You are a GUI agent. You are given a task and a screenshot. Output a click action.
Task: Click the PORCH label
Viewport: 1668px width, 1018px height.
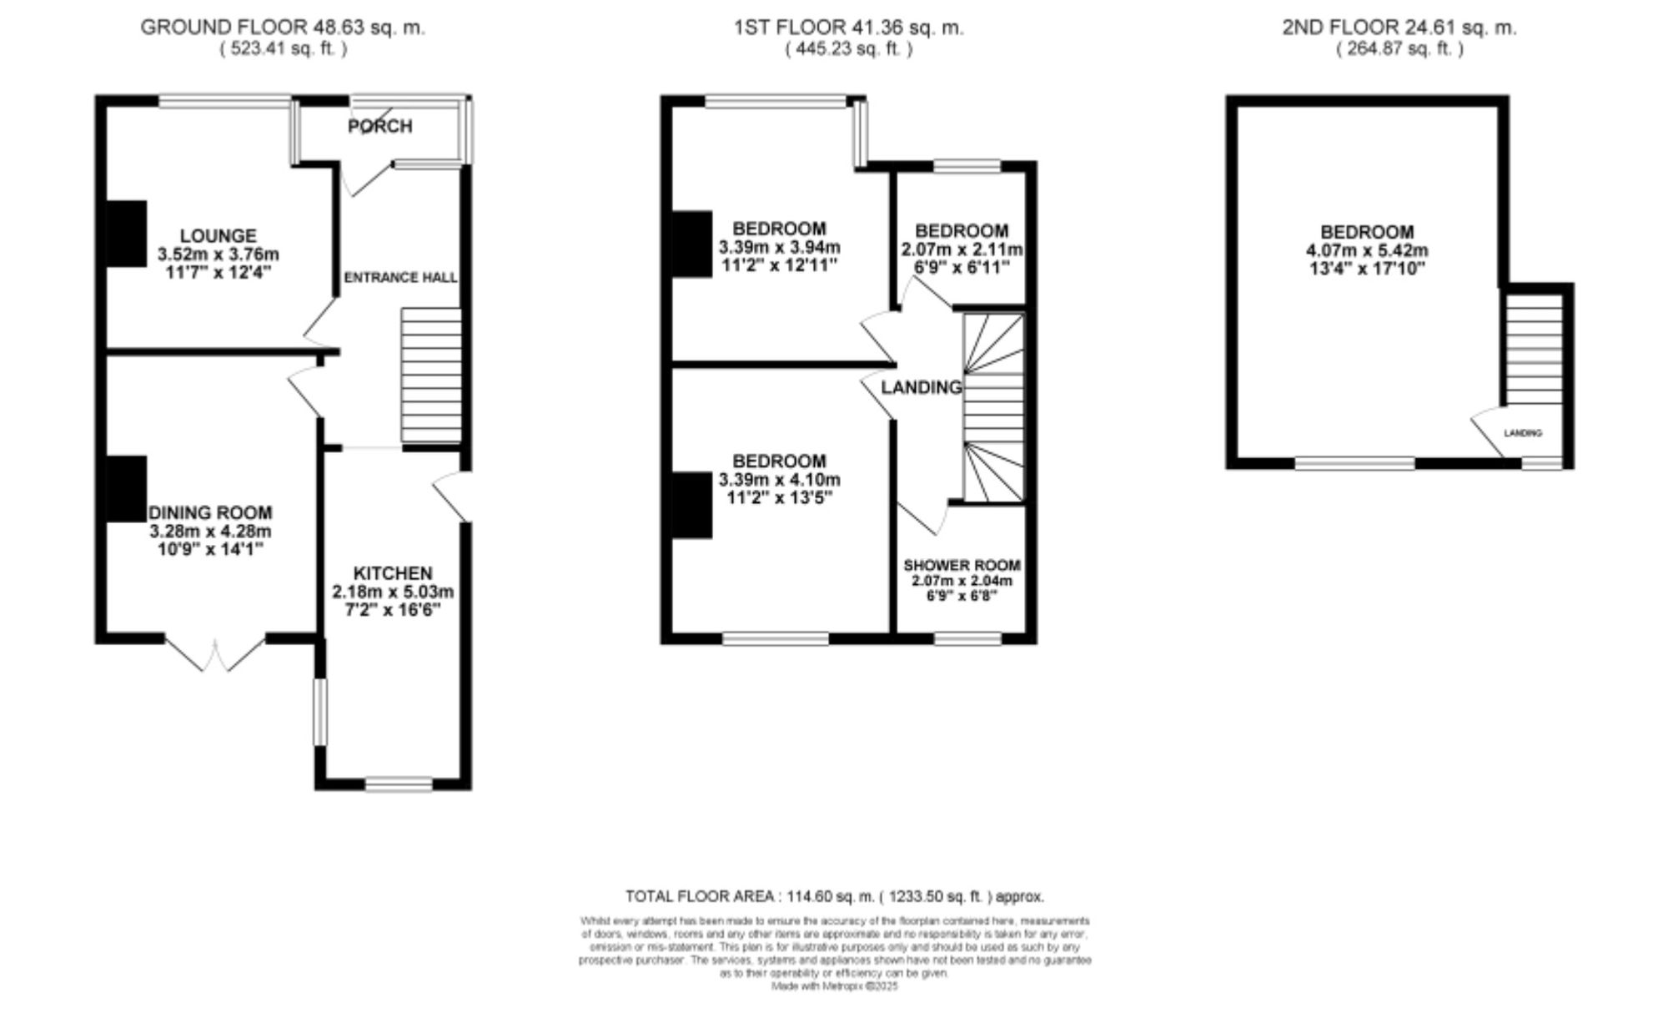[379, 126]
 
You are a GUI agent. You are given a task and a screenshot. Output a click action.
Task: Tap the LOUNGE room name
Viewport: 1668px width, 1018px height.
[219, 236]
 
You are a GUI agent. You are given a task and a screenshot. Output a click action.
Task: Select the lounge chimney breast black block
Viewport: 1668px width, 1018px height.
[126, 234]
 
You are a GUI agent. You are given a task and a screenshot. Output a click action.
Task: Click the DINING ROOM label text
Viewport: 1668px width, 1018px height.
[210, 512]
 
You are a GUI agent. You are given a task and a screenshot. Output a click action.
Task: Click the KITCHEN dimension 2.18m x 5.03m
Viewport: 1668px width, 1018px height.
[393, 592]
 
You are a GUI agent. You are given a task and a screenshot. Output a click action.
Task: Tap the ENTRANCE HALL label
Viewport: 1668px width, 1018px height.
[400, 277]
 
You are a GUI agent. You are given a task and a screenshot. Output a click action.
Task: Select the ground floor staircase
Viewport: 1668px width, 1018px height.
[431, 375]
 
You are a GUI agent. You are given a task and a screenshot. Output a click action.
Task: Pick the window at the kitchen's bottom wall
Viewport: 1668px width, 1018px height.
[399, 784]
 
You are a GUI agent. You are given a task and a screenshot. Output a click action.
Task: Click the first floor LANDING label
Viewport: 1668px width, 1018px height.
[921, 387]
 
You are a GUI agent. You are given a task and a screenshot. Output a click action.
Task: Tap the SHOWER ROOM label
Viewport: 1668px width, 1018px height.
[962, 565]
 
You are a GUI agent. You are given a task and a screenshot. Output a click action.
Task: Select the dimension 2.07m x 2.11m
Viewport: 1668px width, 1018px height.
[962, 249]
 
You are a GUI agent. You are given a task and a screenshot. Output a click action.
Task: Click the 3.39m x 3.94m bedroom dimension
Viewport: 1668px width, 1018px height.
[779, 247]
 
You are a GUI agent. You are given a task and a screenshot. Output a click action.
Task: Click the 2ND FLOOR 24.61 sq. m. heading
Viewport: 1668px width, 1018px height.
[1399, 28]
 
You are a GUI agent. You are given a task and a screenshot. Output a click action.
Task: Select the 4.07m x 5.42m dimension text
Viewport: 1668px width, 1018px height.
[1366, 250]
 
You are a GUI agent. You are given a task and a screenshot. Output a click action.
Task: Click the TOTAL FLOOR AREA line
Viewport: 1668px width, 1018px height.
[834, 896]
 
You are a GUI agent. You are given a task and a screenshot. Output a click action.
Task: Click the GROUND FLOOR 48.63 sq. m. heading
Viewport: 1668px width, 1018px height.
[283, 28]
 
